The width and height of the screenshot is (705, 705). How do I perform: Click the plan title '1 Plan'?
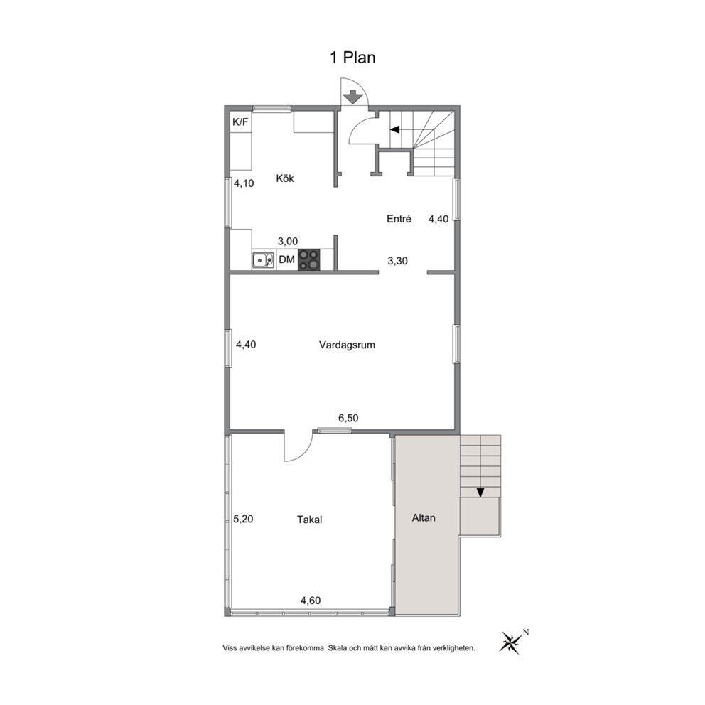pyautogui.click(x=353, y=58)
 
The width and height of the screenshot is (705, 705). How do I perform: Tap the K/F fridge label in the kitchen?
pyautogui.click(x=240, y=122)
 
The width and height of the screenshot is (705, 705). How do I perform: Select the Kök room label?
pyautogui.click(x=285, y=178)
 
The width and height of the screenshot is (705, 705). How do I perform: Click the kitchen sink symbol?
pyautogui.click(x=263, y=260)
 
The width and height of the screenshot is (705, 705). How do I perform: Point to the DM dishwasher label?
pyautogui.click(x=287, y=259)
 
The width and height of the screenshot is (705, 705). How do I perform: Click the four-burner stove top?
pyautogui.click(x=309, y=260)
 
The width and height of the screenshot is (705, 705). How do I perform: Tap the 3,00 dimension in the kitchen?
pyautogui.click(x=288, y=242)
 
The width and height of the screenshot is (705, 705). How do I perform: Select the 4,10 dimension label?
pyautogui.click(x=244, y=183)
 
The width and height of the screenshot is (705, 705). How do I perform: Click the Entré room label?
pyautogui.click(x=399, y=219)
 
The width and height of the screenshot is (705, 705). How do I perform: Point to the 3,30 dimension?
pyautogui.click(x=397, y=261)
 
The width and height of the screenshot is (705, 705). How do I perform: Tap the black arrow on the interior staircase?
pyautogui.click(x=394, y=129)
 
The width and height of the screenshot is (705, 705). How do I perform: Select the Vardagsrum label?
pyautogui.click(x=347, y=345)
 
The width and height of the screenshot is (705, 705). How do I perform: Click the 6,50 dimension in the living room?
pyautogui.click(x=348, y=418)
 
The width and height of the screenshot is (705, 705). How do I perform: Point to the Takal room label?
pyautogui.click(x=309, y=520)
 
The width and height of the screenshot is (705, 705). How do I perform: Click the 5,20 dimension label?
pyautogui.click(x=243, y=520)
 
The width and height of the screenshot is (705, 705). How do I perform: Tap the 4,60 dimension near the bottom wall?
pyautogui.click(x=311, y=601)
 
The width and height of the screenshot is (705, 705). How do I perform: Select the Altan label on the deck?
pyautogui.click(x=424, y=518)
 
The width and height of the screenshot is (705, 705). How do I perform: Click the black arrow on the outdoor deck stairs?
pyautogui.click(x=480, y=493)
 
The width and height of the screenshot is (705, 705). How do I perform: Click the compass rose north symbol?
pyautogui.click(x=511, y=642)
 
